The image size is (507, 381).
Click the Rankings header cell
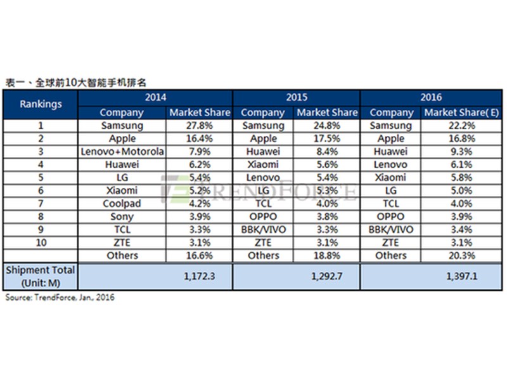41,104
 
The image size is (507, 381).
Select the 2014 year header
155,97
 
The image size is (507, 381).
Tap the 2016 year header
431,97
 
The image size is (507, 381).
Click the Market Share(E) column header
461,112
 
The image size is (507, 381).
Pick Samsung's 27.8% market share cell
200,125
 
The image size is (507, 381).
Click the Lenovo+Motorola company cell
122,151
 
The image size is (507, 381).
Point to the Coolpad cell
122,203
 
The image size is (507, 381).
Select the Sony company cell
122,217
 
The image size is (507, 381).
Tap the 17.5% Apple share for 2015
327,138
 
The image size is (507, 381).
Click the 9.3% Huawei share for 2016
462,151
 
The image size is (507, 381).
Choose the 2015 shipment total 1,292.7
326,276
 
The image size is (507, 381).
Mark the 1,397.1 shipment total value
462,276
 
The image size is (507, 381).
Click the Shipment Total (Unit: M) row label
41,276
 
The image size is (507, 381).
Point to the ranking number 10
41,243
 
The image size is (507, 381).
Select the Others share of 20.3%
462,255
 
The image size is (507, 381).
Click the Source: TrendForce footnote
60,297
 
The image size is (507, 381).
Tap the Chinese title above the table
76,83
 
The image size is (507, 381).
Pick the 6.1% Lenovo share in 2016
462,164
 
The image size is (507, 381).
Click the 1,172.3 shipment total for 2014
200,276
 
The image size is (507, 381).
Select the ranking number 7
41,203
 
